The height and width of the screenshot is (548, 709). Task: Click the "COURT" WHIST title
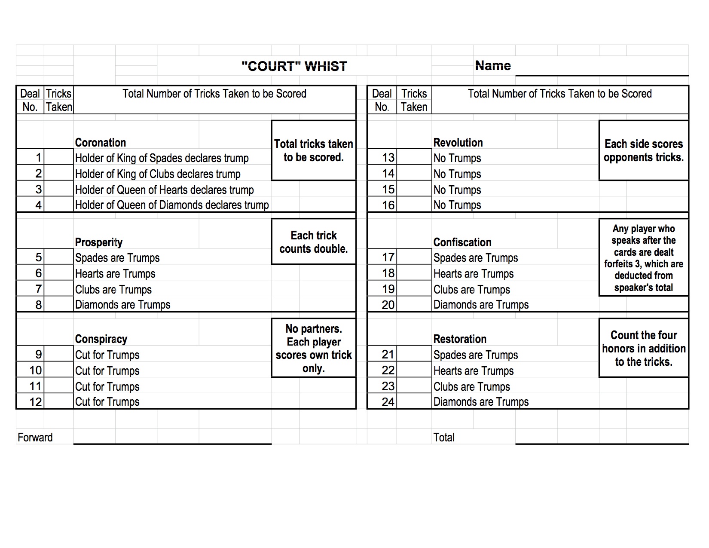pos(294,66)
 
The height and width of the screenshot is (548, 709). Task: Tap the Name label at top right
pos(493,66)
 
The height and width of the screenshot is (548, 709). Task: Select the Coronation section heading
pos(101,143)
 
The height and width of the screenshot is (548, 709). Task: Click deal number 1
pos(38,158)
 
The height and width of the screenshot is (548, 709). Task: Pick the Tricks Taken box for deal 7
pos(59,289)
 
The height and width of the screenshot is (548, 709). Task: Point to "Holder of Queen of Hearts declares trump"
pos(164,190)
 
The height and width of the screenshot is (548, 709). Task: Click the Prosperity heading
pos(99,242)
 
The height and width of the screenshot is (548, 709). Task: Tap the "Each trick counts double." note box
pos(314,242)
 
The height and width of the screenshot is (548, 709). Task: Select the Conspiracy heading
pos(101,339)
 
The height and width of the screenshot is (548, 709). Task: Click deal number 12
pos(36,402)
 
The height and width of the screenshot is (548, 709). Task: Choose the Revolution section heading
pos(458,143)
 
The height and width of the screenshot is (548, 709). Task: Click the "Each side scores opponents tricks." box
pos(643,150)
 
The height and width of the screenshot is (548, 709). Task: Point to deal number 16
pos(388,205)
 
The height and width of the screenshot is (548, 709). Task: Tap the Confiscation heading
pos(462,242)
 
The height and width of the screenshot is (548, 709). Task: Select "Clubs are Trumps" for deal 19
pos(471,289)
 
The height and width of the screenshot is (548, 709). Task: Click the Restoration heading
pos(460,339)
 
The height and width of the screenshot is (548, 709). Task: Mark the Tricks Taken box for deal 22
pos(414,370)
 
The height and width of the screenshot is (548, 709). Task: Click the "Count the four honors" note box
pos(643,348)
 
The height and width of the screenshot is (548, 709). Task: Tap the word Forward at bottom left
pos(35,438)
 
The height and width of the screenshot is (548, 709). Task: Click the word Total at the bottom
pos(444,438)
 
